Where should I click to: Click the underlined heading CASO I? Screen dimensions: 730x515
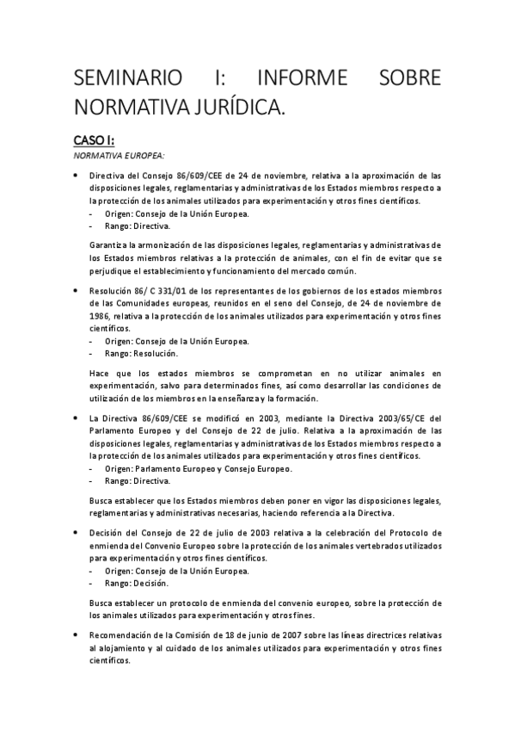click(94, 140)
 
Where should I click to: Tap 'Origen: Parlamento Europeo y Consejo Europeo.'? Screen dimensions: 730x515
click(198, 468)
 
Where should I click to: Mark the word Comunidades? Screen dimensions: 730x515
click(139, 304)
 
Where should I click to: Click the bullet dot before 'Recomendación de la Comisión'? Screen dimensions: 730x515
click(78, 635)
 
